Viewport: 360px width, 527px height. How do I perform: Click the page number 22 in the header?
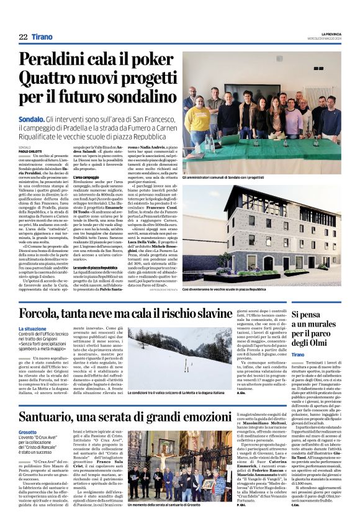tap(23, 37)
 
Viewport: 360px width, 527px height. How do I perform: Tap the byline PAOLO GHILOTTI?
tap(32, 151)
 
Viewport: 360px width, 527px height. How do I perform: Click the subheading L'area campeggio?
tap(87, 196)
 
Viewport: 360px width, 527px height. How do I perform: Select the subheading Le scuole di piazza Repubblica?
tap(99, 267)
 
